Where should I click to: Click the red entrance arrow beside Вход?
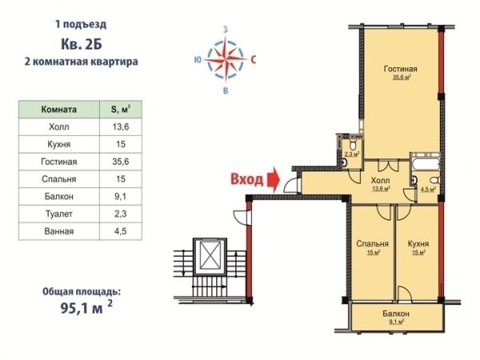[274, 180]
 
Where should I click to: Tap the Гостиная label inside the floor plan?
[400, 69]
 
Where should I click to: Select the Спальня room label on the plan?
[372, 244]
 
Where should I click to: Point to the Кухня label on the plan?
[418, 244]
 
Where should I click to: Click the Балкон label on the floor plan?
[396, 314]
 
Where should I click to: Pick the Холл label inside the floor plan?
[380, 180]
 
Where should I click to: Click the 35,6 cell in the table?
[121, 162]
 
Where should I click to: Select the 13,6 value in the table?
[121, 126]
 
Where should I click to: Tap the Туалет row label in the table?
[58, 214]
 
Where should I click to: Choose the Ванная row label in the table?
[58, 231]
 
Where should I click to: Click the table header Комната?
[58, 110]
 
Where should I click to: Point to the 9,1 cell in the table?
[121, 196]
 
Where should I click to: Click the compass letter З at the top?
[226, 30]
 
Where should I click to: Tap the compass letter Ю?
[198, 59]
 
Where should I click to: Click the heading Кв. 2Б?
[82, 44]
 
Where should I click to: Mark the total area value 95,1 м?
[86, 308]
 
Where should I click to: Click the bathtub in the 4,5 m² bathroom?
[426, 162]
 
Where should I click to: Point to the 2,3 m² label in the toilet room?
[352, 154]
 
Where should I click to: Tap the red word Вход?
[247, 180]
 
